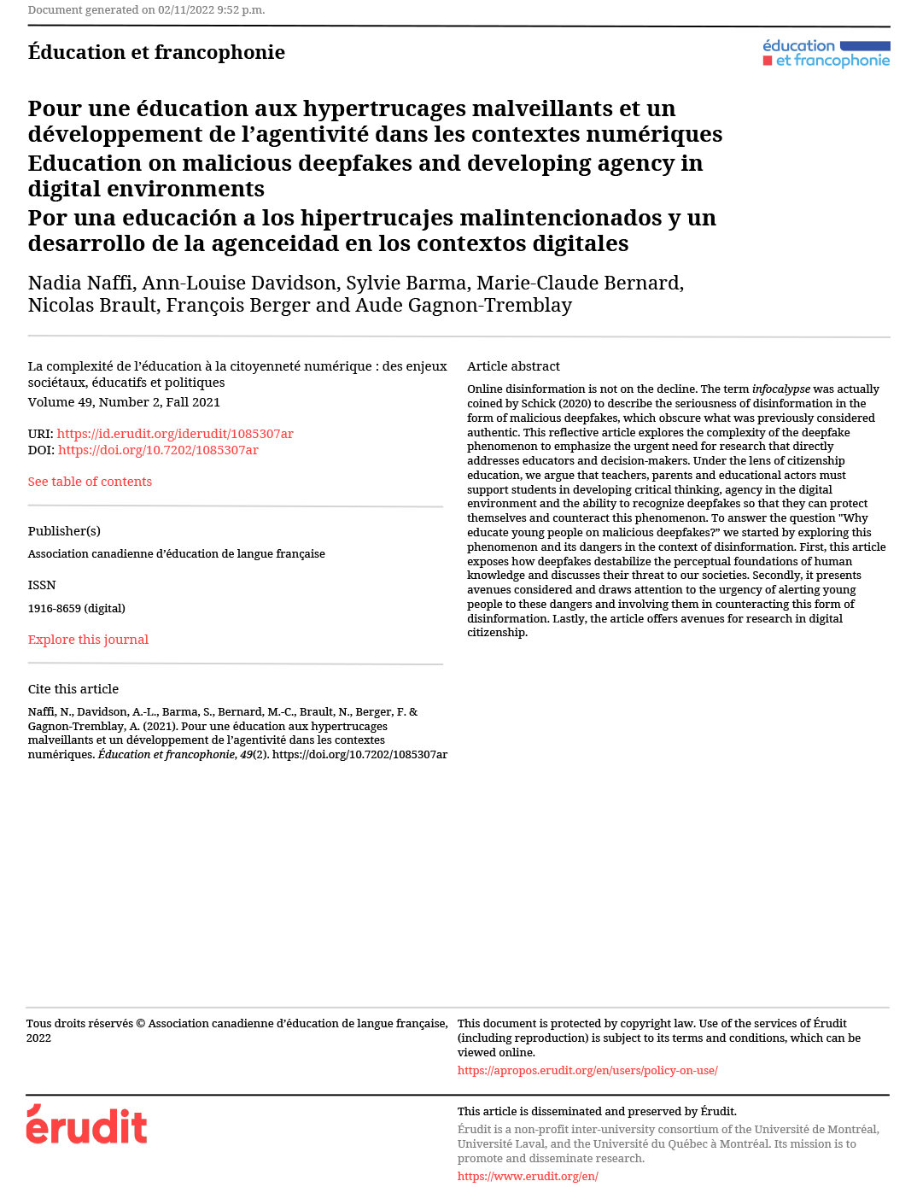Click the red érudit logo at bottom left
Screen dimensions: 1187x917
pyautogui.click(x=86, y=1125)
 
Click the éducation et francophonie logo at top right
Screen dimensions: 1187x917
pyautogui.click(x=826, y=53)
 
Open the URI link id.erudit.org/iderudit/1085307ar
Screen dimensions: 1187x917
pyautogui.click(x=175, y=434)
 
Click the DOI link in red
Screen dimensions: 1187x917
pyautogui.click(x=158, y=450)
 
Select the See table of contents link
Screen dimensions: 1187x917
pyautogui.click(x=90, y=482)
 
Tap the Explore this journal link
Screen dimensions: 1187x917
pyautogui.click(x=88, y=640)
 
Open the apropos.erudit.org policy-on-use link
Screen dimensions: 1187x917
pyautogui.click(x=587, y=1071)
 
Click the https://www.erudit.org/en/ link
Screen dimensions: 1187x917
pyautogui.click(x=528, y=1177)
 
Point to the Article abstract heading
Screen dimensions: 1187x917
pyautogui.click(x=513, y=366)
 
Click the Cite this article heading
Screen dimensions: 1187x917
pyautogui.click(x=73, y=689)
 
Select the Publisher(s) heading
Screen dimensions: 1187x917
pyautogui.click(x=64, y=531)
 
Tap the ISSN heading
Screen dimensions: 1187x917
pyautogui.click(x=42, y=586)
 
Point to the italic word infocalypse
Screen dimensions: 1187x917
pyautogui.click(x=780, y=389)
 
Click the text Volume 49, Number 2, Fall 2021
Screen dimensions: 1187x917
pyautogui.click(x=124, y=402)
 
